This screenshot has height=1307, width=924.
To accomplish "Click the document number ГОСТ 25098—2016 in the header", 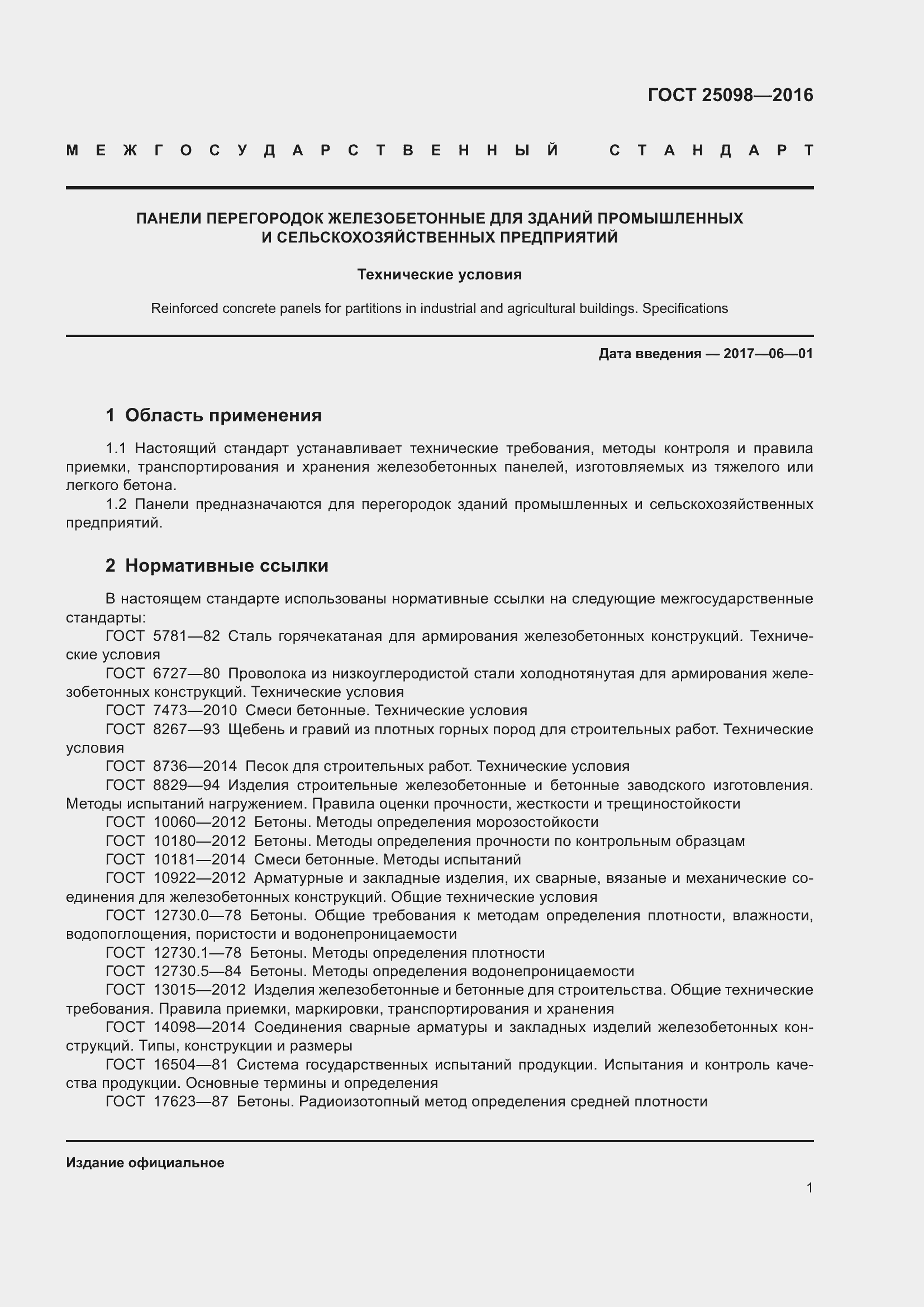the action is pos(730,95).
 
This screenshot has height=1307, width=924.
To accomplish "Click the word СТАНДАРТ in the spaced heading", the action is pos(711,151).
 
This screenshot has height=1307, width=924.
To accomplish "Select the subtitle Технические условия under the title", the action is pos(439,274).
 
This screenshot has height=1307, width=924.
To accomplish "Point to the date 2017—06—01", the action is pos(768,354).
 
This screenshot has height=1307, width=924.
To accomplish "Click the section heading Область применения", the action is pos(223,415).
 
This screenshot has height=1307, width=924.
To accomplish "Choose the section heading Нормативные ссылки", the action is pos(226,565).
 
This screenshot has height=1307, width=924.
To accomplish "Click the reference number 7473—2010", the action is pos(194,710).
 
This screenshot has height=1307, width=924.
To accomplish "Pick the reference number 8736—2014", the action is pos(194,766).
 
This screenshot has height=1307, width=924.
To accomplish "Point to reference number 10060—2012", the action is pos(199,822).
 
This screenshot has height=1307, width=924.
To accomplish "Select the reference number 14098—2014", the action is pos(199,1027).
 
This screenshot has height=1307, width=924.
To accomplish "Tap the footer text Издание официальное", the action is pos(145,1162).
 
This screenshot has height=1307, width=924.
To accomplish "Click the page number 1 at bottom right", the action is pos(809,1187).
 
